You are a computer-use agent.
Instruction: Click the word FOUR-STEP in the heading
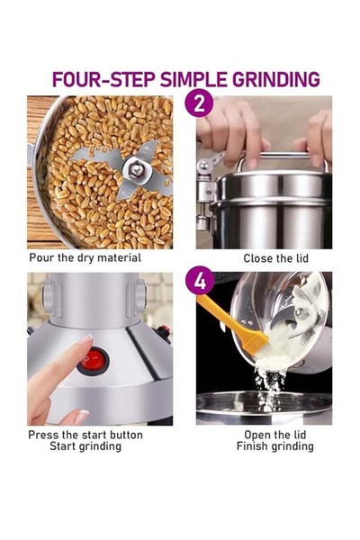pyautogui.click(x=103, y=79)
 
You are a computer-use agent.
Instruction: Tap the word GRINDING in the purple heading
pyautogui.click(x=276, y=79)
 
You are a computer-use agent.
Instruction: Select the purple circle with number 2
pyautogui.click(x=199, y=103)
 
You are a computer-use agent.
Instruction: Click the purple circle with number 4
pyautogui.click(x=199, y=280)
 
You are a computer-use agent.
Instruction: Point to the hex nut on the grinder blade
pyautogui.click(x=137, y=169)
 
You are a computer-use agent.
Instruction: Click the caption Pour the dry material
pyautogui.click(x=85, y=257)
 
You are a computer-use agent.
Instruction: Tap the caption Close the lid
pyautogui.click(x=275, y=258)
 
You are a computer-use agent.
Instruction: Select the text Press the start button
pyautogui.click(x=85, y=435)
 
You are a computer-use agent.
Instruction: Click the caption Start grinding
pyautogui.click(x=85, y=446)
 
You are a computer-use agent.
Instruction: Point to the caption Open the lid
pyautogui.click(x=274, y=435)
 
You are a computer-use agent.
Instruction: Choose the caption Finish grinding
pyautogui.click(x=274, y=446)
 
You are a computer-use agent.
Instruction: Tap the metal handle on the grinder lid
pyautogui.click(x=283, y=156)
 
